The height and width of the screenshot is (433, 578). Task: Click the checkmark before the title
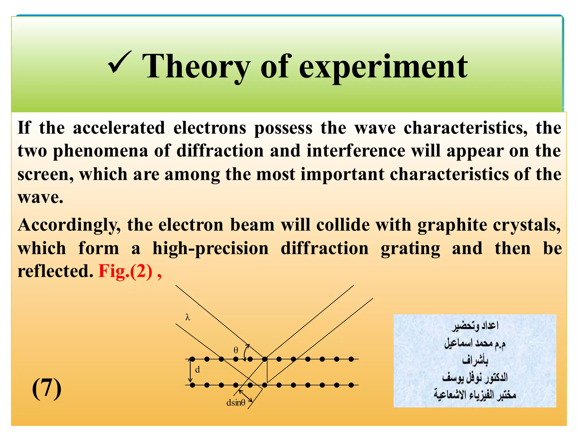(x=120, y=63)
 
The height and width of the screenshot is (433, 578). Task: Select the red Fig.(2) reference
(x=125, y=271)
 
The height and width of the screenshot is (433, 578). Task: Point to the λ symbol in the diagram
(x=188, y=317)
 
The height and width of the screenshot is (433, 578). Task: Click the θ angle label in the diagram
(x=236, y=350)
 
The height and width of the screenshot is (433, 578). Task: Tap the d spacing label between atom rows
(x=198, y=370)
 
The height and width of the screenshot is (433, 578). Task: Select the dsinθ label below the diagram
(x=236, y=403)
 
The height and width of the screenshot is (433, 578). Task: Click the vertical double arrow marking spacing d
(x=191, y=372)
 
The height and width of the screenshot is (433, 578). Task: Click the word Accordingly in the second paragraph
(x=69, y=226)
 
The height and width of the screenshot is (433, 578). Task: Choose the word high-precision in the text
(x=211, y=249)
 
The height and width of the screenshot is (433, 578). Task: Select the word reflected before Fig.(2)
(x=55, y=271)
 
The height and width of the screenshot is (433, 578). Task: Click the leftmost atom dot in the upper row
(x=192, y=359)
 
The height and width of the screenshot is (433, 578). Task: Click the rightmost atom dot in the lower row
(x=351, y=385)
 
